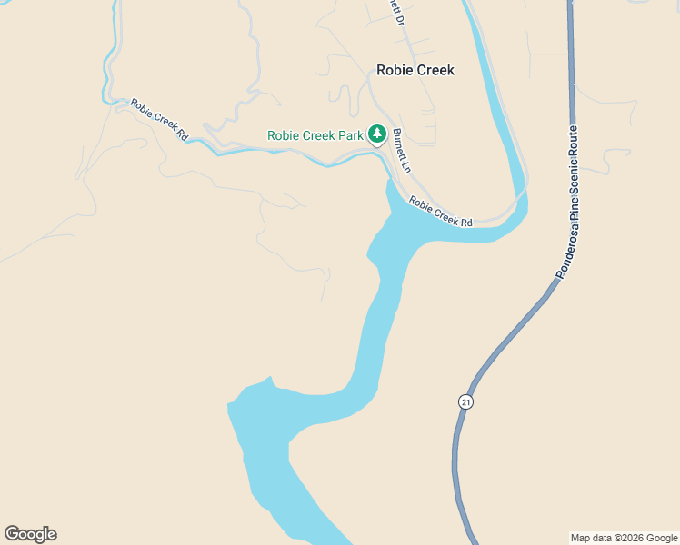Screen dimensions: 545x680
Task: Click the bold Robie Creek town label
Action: [415, 70]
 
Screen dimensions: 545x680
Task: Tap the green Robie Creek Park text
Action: [315, 136]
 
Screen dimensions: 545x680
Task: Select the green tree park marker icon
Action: [377, 134]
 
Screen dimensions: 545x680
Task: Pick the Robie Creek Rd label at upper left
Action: [159, 119]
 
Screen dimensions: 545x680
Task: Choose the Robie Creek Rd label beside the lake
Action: [441, 212]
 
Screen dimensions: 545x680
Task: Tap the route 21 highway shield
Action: [465, 401]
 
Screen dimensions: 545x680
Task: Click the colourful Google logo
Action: [30, 534]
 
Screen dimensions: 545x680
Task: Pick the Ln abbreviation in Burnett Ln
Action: [405, 167]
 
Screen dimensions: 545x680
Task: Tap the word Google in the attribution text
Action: [661, 538]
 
